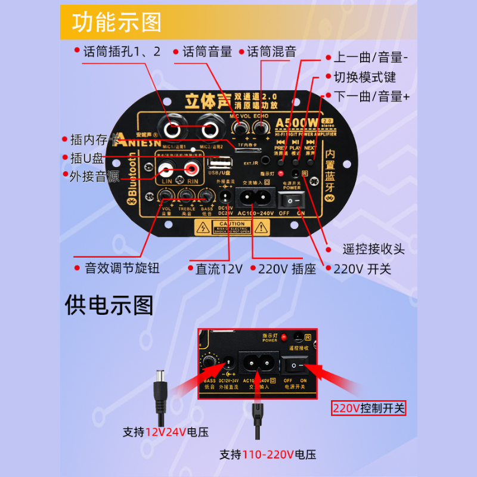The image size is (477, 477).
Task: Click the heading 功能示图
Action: click(117, 23)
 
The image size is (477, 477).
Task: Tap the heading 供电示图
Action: click(109, 305)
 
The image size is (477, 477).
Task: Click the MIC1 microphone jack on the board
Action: click(173, 128)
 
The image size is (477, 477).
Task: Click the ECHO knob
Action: click(259, 128)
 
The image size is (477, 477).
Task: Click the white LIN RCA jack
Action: click(167, 172)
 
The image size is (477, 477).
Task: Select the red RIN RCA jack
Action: click(191, 172)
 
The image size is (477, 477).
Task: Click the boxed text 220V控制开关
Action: click(368, 408)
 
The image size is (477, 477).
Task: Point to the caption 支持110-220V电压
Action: click(267, 454)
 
